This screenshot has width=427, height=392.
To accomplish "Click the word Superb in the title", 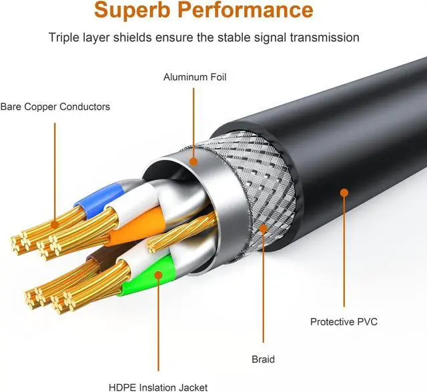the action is click(x=133, y=9).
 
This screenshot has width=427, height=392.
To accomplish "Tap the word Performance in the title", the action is click(x=246, y=9).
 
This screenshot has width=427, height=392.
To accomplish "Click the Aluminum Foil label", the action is click(x=195, y=77).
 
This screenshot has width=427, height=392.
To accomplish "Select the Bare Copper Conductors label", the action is click(x=55, y=107).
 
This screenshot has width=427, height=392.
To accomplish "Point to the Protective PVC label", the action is click(x=344, y=322).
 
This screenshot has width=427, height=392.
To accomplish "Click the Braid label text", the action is click(x=263, y=359).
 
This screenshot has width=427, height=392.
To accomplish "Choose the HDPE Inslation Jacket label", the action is click(x=158, y=387).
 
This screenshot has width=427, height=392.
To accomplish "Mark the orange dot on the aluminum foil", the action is click(x=193, y=162).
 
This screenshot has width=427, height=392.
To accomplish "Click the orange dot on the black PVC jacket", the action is click(x=344, y=193).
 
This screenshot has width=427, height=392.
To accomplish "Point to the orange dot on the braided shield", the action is click(x=263, y=228).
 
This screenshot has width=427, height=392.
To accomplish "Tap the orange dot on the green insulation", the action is click(x=158, y=275).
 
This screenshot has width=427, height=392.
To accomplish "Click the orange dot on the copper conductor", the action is click(x=55, y=225).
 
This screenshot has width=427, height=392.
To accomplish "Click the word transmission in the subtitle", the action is click(x=325, y=37).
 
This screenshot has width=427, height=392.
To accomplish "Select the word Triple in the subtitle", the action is click(x=64, y=38).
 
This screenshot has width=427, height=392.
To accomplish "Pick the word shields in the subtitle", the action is click(x=133, y=37).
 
